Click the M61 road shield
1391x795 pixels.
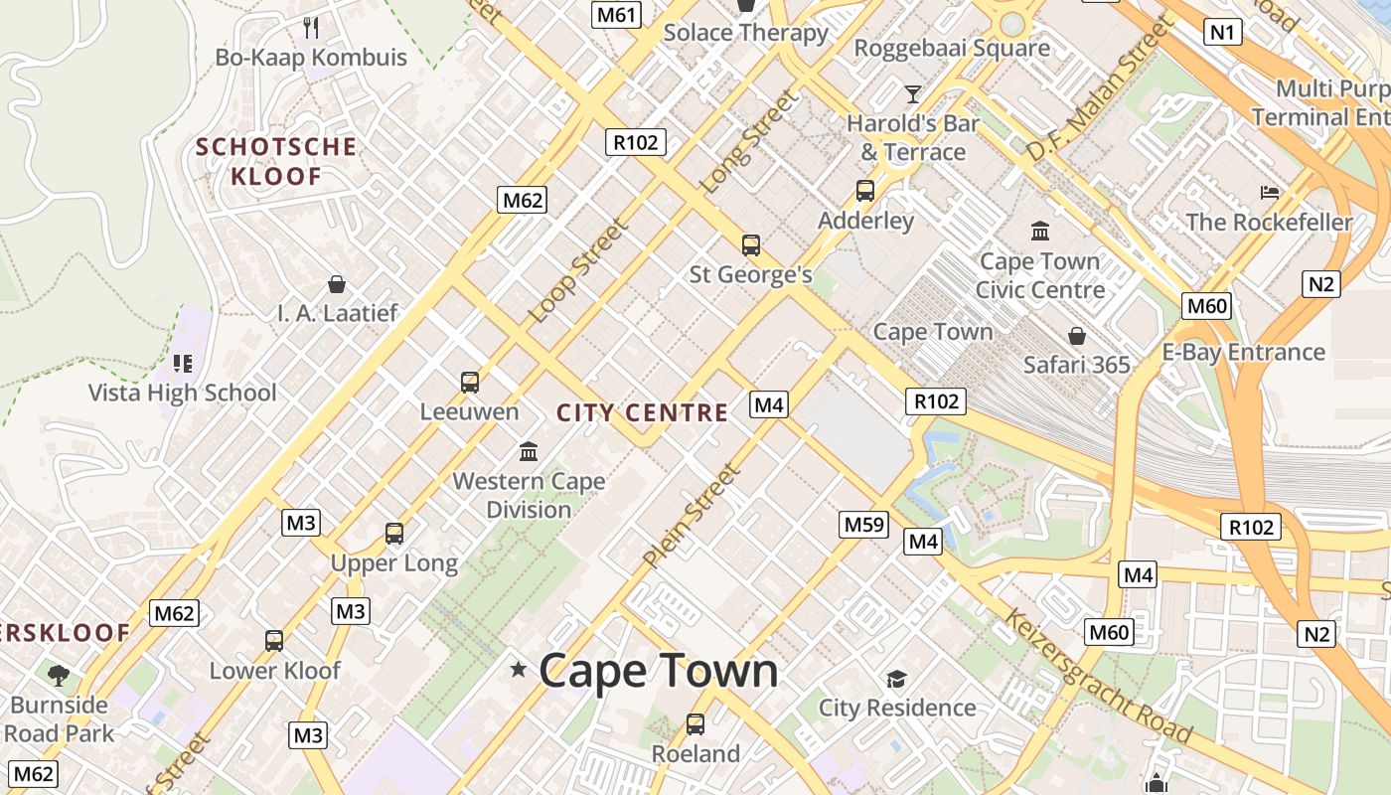coord(616,14)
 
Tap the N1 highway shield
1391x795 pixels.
coord(1223,33)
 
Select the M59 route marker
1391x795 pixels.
coord(862,524)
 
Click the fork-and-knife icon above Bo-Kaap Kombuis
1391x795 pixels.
coord(312,27)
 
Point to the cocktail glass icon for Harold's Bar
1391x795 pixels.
coord(912,94)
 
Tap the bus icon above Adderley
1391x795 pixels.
coord(865,191)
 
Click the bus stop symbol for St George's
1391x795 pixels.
coord(751,244)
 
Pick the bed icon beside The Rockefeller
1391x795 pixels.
coord(1270,192)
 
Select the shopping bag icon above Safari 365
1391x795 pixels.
coord(1076,336)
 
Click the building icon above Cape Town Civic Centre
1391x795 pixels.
coord(1040,232)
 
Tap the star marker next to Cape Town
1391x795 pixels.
coord(518,669)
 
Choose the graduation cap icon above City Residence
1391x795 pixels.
coord(896,679)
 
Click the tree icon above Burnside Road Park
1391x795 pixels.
coord(59,676)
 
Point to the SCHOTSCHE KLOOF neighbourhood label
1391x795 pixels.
coord(275,162)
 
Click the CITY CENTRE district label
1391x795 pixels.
coord(642,412)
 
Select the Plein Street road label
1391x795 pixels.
coord(692,517)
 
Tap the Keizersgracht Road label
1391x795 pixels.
coord(1097,676)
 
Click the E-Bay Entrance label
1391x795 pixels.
coord(1243,352)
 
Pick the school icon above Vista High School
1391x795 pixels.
coord(182,364)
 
